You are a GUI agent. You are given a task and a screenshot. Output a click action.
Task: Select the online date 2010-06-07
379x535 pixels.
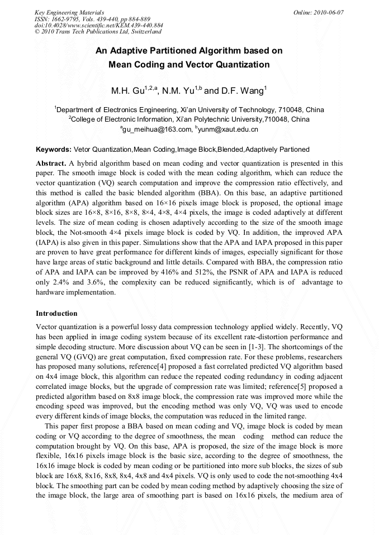pos(330,12)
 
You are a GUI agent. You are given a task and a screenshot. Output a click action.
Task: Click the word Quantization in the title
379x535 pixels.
pos(241,65)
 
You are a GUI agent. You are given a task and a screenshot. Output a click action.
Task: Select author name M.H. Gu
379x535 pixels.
pos(128,91)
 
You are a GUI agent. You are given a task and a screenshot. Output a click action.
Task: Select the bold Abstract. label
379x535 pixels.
pos(51,163)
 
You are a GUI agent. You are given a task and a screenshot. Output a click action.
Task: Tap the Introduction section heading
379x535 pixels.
pos(56,313)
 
